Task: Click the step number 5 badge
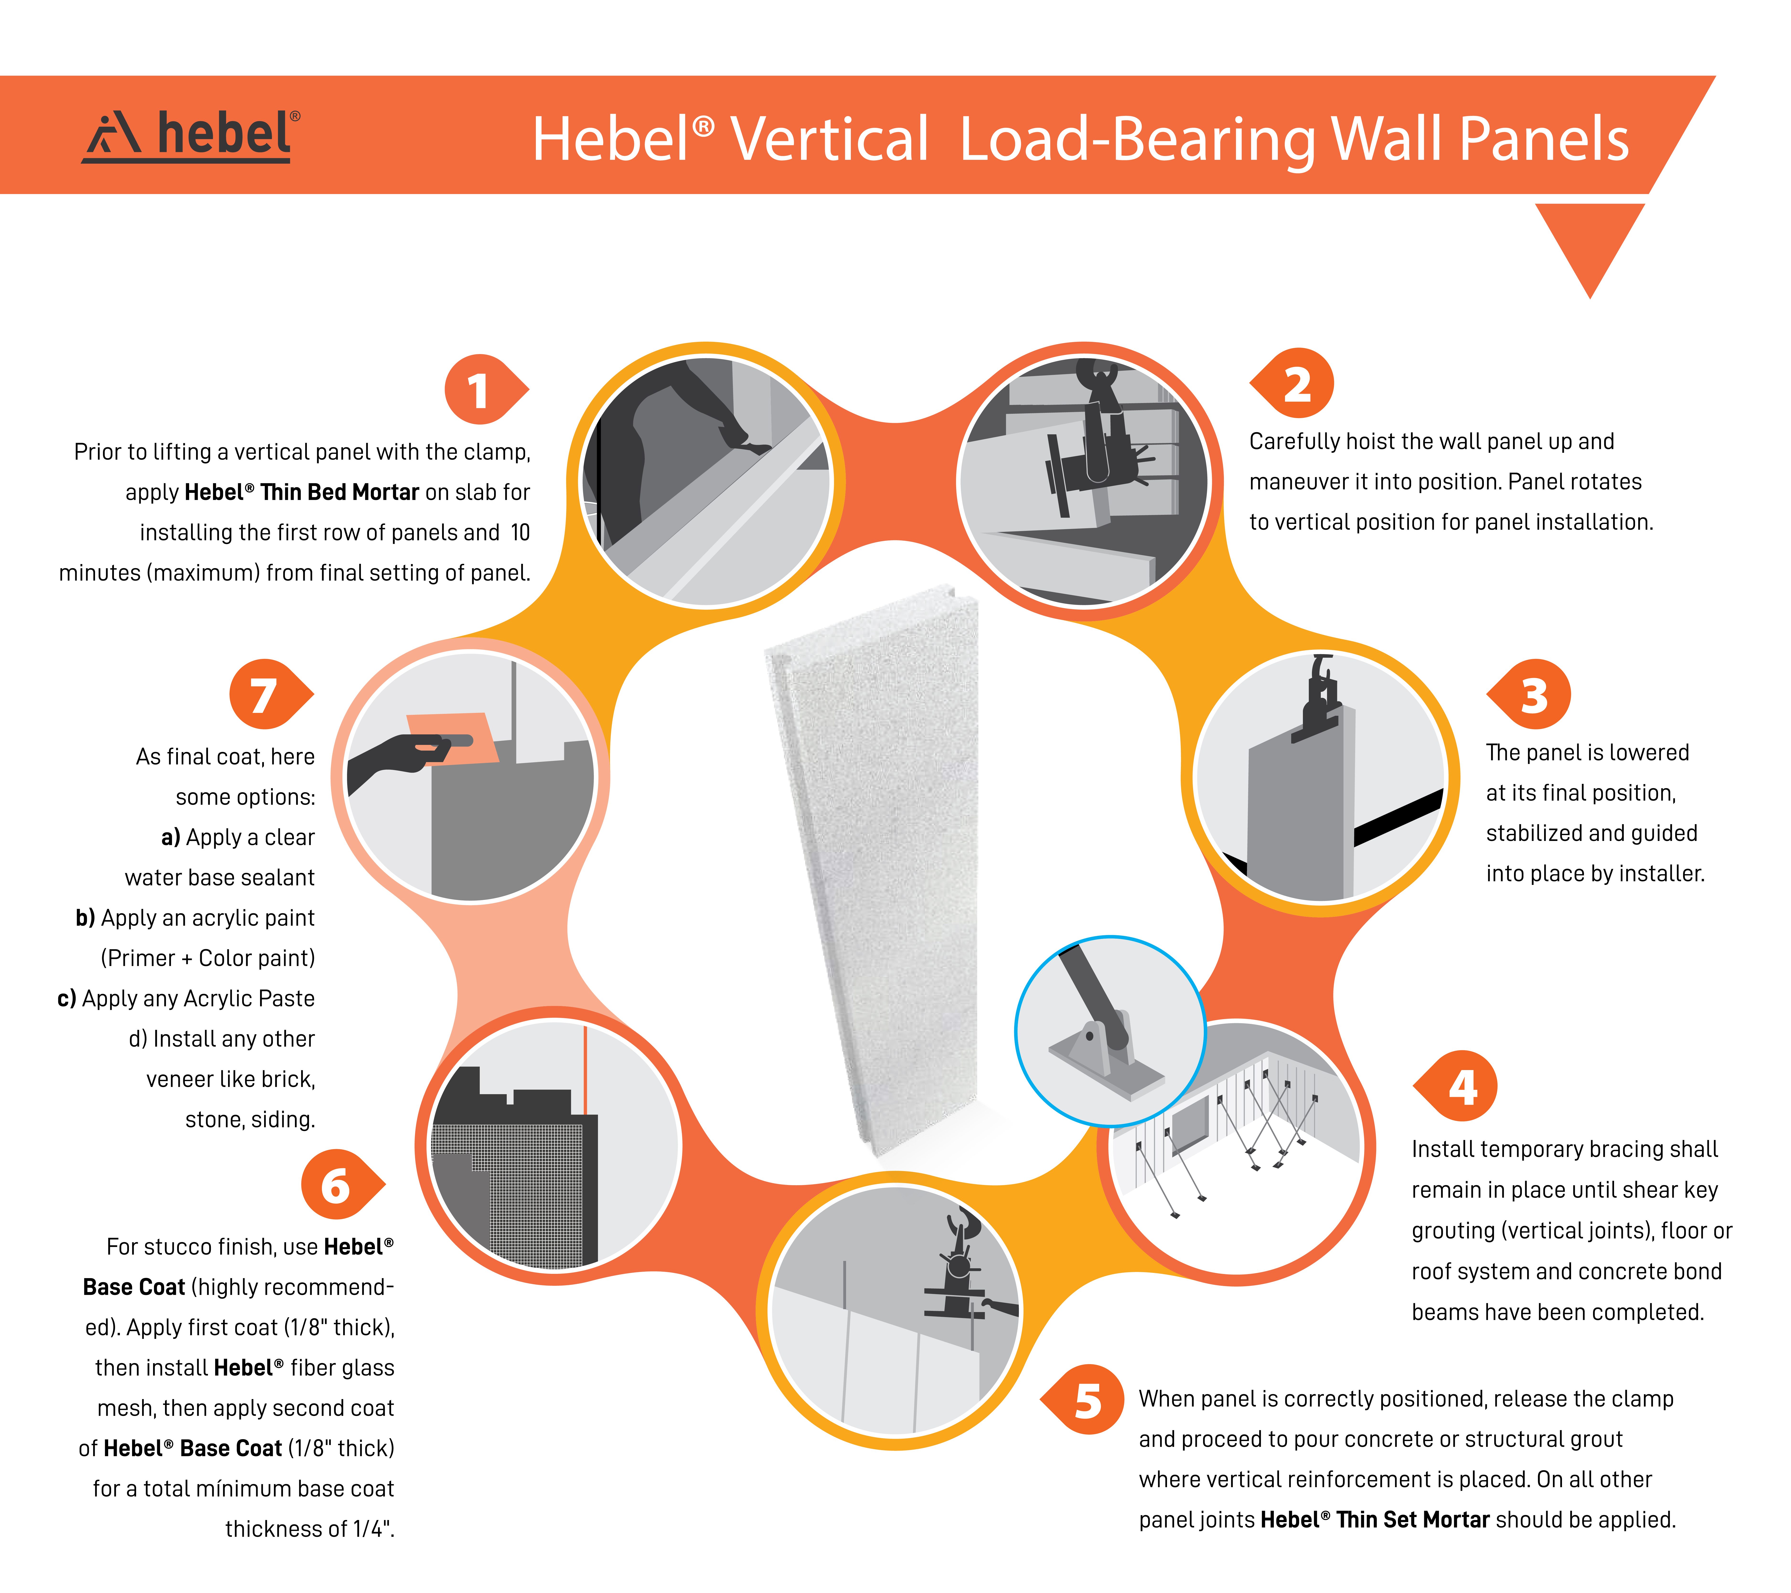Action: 1083,1399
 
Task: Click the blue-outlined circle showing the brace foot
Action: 1110,1031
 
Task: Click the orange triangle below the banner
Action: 1590,250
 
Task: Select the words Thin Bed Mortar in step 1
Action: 339,492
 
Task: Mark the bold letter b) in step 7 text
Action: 85,917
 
